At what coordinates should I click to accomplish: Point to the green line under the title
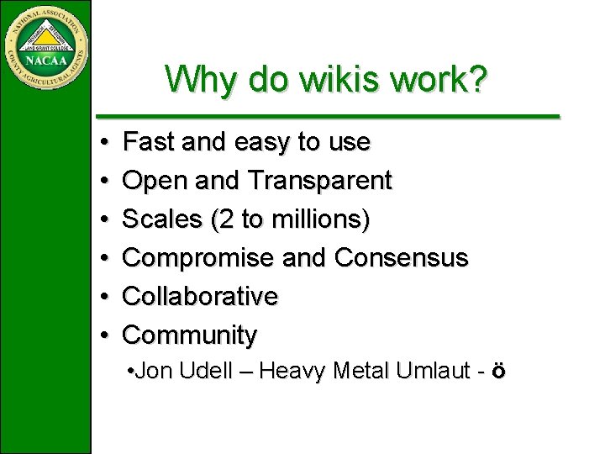tap(328, 115)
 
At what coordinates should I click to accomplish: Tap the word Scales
tap(163, 219)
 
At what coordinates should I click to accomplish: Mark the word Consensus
tap(401, 257)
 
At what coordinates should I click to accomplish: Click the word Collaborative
tap(200, 296)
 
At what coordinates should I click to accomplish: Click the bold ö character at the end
tap(499, 371)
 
